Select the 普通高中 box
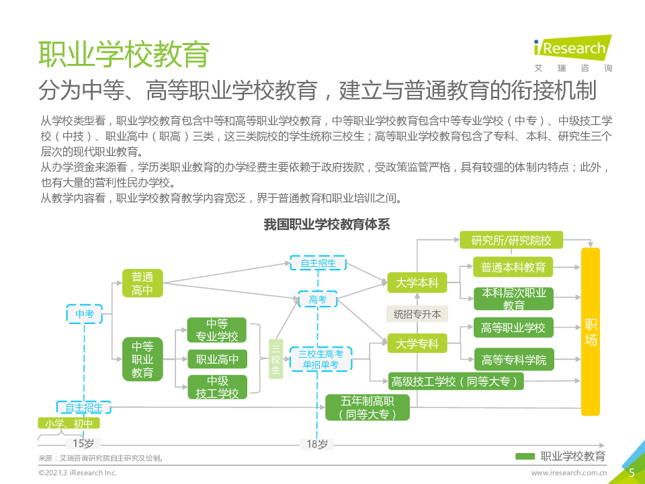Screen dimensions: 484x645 pos(142,283)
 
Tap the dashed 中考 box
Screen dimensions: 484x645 pos(85,314)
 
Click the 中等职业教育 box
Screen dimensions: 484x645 pos(142,359)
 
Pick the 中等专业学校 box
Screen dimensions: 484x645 pos(217,330)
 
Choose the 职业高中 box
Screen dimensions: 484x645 pos(217,360)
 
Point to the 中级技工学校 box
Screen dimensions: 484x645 pos(217,388)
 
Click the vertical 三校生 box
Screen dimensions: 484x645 pos(275,360)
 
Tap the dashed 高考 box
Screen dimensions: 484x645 pos(317,300)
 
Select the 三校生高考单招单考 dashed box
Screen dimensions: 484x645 pos(320,359)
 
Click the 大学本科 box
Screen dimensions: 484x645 pos(417,283)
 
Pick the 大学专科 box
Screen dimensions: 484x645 pos(417,344)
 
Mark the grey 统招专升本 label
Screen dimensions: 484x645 pos(417,313)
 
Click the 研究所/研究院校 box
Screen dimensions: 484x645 pos(511,240)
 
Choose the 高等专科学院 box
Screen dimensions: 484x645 pos(514,360)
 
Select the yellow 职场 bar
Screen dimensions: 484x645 pos(591,332)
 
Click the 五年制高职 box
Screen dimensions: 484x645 pos(368,407)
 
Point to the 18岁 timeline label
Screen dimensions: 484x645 pos(317,444)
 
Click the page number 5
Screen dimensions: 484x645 pos(632,473)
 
